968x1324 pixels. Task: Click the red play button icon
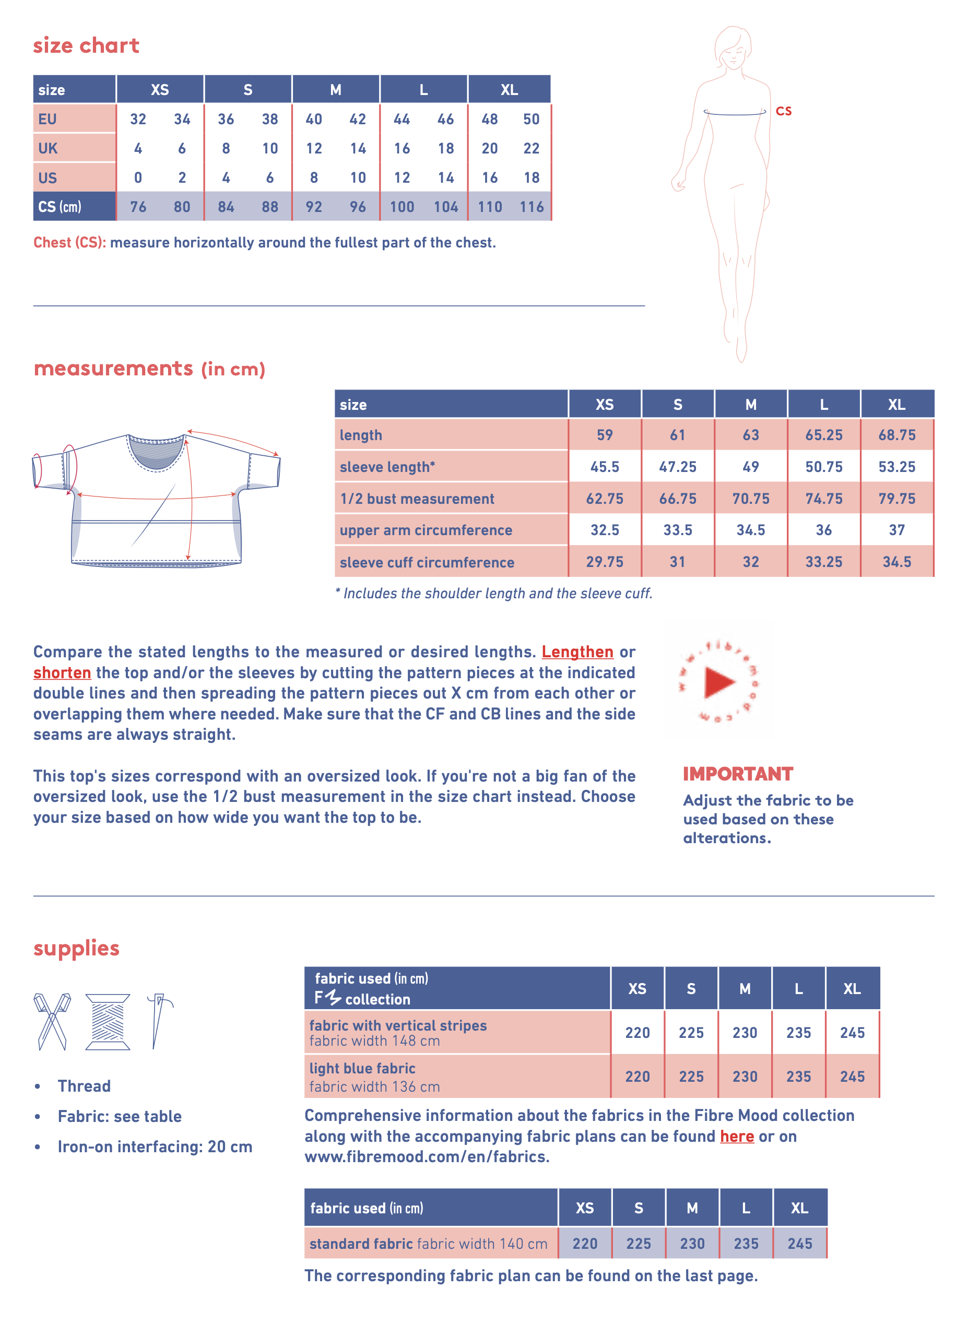[719, 681]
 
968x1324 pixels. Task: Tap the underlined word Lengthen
[577, 652]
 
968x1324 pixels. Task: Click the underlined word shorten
[62, 672]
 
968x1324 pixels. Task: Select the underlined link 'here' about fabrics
[737, 1136]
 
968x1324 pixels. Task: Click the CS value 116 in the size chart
[532, 207]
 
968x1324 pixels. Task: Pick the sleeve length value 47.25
[677, 467]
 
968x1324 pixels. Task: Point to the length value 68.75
[896, 435]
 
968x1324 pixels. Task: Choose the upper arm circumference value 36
[823, 530]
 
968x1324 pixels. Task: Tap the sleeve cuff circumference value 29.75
[605, 562]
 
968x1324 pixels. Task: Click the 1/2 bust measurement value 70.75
[751, 499]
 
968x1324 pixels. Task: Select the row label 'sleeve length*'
[387, 467]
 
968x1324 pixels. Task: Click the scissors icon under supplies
[52, 1021]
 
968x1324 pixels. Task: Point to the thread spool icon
[108, 1021]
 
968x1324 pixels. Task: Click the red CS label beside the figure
[783, 111]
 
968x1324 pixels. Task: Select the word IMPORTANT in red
[738, 774]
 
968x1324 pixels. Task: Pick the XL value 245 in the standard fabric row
[800, 1243]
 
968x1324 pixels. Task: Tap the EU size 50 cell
[532, 119]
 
